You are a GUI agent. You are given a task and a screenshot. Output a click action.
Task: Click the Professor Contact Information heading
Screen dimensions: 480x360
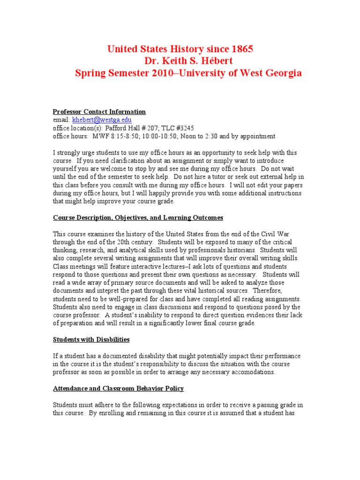[x=99, y=112]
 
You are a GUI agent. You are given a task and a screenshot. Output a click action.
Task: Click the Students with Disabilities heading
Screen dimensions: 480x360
[x=91, y=339]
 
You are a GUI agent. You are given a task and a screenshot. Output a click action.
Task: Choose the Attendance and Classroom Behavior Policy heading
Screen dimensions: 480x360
[x=118, y=388]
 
